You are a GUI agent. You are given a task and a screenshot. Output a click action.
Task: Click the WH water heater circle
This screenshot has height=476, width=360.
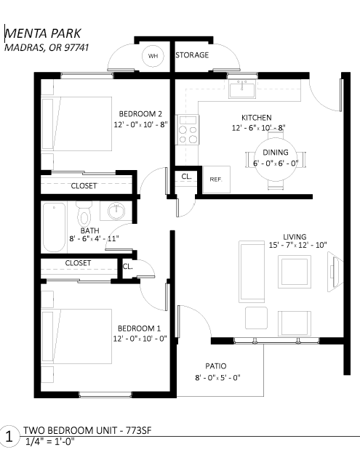(x=153, y=56)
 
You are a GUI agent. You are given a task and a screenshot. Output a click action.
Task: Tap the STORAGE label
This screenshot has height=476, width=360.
(x=192, y=55)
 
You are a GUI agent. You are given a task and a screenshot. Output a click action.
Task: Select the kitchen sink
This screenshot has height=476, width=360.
(x=242, y=89)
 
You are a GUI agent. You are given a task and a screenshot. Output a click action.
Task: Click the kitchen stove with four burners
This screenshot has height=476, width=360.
(x=188, y=129)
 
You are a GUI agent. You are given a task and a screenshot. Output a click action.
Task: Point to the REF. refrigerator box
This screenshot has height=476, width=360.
(x=216, y=179)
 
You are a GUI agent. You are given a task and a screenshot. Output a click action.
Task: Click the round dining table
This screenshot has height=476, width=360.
(x=275, y=159)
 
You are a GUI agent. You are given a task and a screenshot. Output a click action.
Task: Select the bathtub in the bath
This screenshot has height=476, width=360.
(x=54, y=227)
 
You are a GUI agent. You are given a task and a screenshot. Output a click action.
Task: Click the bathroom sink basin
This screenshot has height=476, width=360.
(x=116, y=211)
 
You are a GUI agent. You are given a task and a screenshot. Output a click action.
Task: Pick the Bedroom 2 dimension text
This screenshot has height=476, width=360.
(x=140, y=124)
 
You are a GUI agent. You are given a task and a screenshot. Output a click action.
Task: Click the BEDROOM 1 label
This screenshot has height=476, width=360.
(x=139, y=328)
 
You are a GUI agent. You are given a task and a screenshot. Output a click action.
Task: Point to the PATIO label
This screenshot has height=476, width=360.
(x=216, y=366)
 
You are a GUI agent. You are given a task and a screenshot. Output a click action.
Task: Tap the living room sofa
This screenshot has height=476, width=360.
(x=252, y=272)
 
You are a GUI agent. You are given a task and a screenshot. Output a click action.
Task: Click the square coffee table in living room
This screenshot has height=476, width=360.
(x=295, y=272)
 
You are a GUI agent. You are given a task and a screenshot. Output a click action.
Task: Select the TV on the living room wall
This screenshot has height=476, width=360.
(x=335, y=272)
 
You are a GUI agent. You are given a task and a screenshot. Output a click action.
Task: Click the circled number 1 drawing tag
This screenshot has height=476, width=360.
(x=9, y=437)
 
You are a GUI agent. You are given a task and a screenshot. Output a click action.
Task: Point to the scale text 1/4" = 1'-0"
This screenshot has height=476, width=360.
(x=50, y=441)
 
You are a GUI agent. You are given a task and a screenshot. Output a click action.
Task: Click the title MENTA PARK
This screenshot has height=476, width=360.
(x=43, y=33)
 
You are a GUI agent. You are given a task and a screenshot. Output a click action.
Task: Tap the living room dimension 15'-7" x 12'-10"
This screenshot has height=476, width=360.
(x=297, y=245)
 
